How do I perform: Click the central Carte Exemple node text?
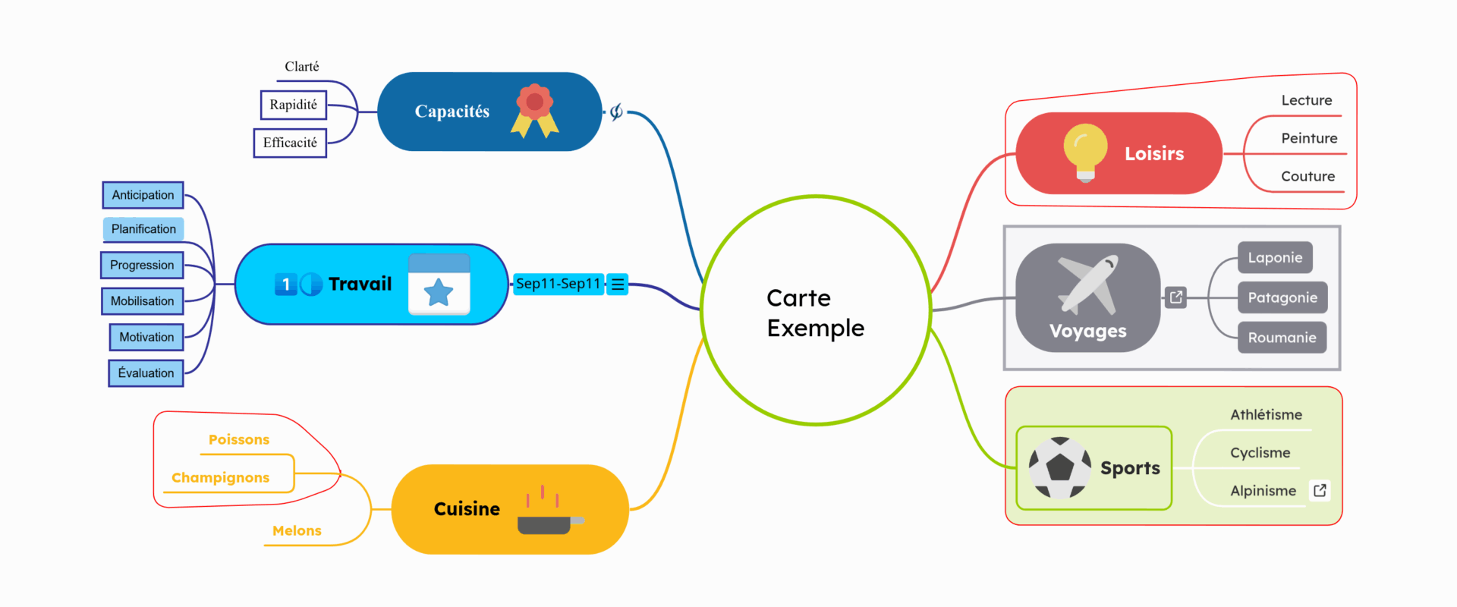[x=815, y=313]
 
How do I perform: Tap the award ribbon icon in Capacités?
[x=535, y=111]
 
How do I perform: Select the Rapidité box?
[x=294, y=105]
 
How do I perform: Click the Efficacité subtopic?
[x=290, y=143]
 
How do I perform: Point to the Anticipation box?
[x=143, y=195]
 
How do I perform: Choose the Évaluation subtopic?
[x=146, y=373]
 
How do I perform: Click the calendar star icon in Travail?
[x=439, y=285]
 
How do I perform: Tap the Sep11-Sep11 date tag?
[x=559, y=284]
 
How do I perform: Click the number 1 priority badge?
[x=285, y=285]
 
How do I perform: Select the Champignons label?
[x=221, y=477]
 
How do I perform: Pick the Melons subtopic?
[x=297, y=530]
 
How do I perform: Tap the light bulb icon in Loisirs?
[x=1085, y=152]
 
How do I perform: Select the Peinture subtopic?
[x=1309, y=138]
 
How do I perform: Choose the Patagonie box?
[x=1282, y=297]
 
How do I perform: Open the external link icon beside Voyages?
[x=1175, y=297]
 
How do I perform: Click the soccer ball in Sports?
[x=1059, y=467]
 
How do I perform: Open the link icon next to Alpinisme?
[x=1320, y=490]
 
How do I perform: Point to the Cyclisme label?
[x=1260, y=452]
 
